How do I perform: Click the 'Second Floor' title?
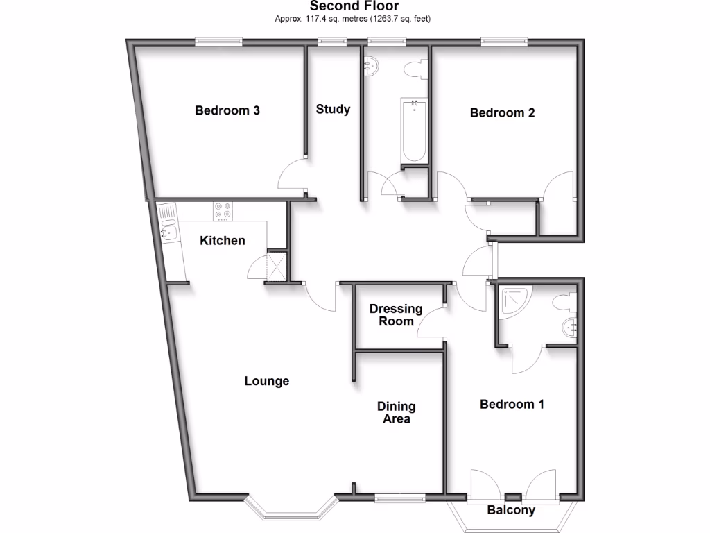click(354, 6)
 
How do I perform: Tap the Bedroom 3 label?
click(227, 110)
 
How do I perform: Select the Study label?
click(333, 109)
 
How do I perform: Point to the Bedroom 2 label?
click(502, 112)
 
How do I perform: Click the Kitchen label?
click(223, 241)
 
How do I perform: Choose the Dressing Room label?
click(395, 314)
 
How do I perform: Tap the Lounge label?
click(266, 381)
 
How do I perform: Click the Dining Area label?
click(396, 412)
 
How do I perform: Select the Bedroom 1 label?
click(512, 404)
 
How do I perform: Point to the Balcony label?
click(511, 510)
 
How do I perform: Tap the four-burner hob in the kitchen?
click(223, 210)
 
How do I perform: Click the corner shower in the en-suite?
click(516, 301)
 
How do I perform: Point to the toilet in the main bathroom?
click(415, 69)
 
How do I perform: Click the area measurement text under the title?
click(354, 19)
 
